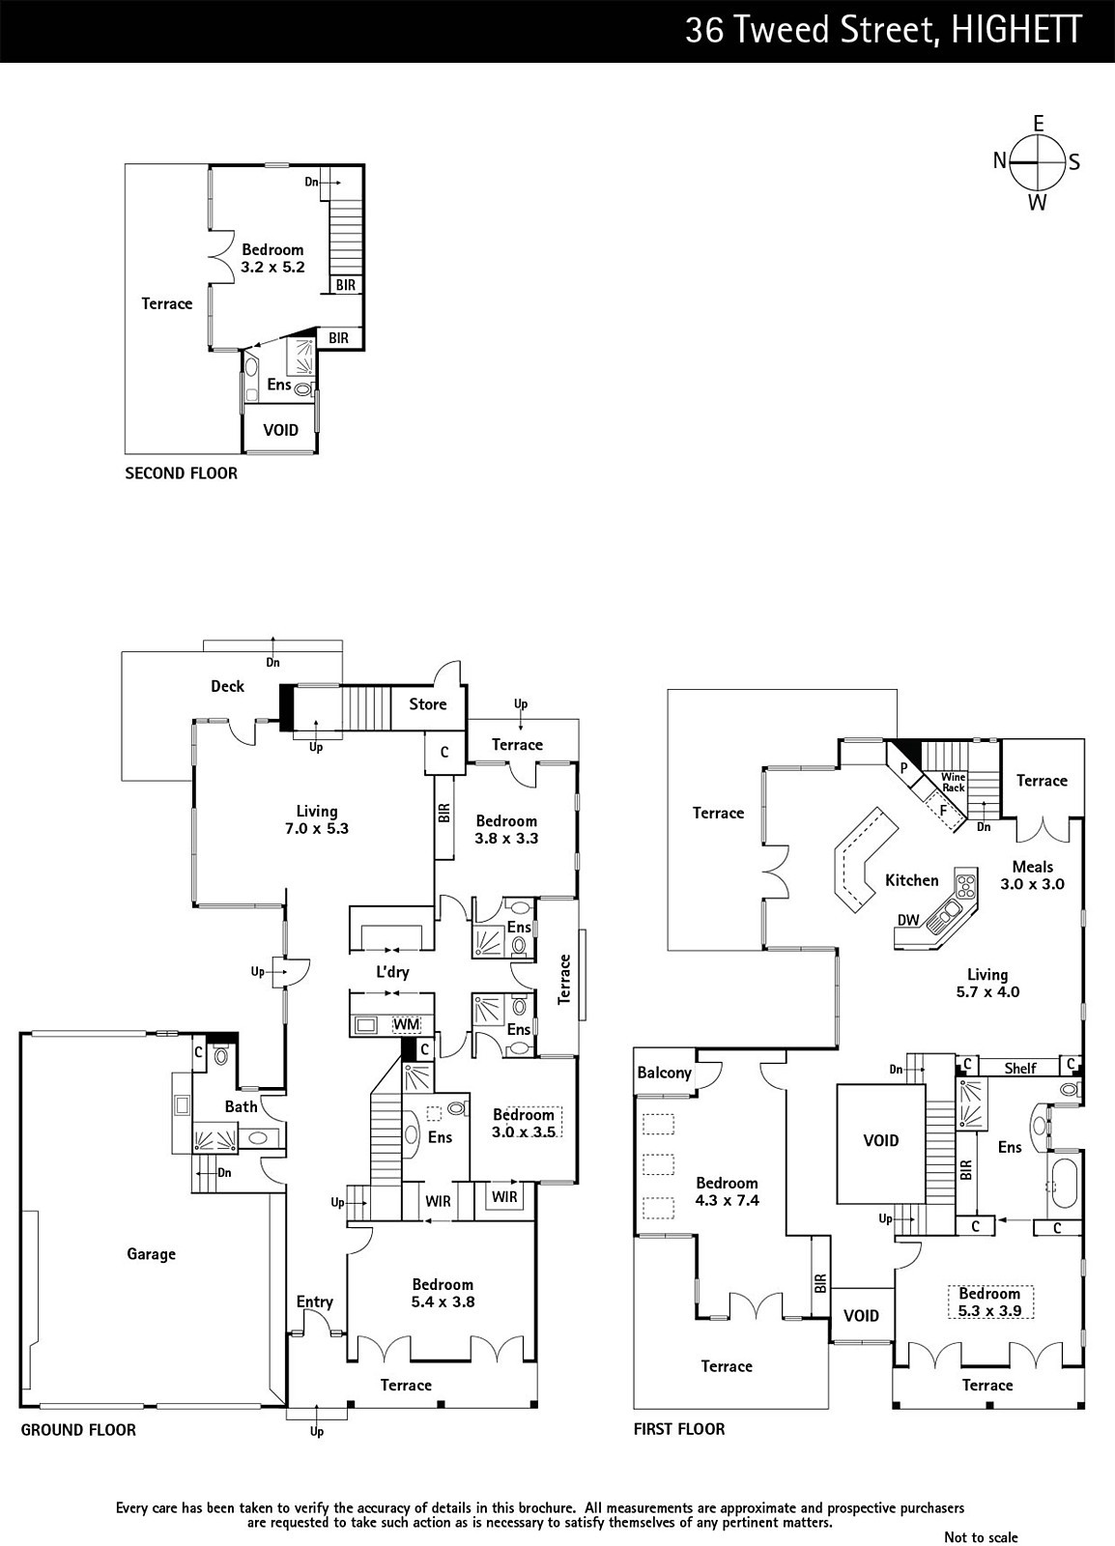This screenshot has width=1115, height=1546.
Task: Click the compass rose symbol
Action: pyautogui.click(x=1038, y=163)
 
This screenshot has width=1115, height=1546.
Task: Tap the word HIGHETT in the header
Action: pyautogui.click(x=1015, y=30)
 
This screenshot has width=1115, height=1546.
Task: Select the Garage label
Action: pyautogui.click(x=151, y=1254)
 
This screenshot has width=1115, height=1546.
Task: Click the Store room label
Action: pyautogui.click(x=428, y=704)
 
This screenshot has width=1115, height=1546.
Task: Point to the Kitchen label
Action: pyautogui.click(x=912, y=880)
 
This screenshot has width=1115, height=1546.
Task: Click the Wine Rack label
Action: pyautogui.click(x=954, y=783)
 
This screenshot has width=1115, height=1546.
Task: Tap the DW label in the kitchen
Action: pyautogui.click(x=908, y=919)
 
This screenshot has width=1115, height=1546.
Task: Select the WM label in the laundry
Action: pyautogui.click(x=407, y=1024)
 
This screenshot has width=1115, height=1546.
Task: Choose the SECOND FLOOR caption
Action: pyautogui.click(x=181, y=472)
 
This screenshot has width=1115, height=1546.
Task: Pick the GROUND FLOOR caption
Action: pyautogui.click(x=78, y=1429)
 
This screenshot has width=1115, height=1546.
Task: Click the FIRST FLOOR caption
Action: pyautogui.click(x=679, y=1429)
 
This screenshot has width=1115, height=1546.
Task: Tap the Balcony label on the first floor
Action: pyautogui.click(x=665, y=1073)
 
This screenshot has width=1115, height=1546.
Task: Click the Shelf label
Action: pyautogui.click(x=1020, y=1069)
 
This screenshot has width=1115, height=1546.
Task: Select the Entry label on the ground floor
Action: pyautogui.click(x=315, y=1302)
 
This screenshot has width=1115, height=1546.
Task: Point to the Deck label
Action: pyautogui.click(x=228, y=686)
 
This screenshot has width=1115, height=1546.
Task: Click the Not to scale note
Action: pyautogui.click(x=981, y=1536)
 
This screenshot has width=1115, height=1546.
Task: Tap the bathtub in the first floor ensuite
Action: pyautogui.click(x=1063, y=1187)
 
